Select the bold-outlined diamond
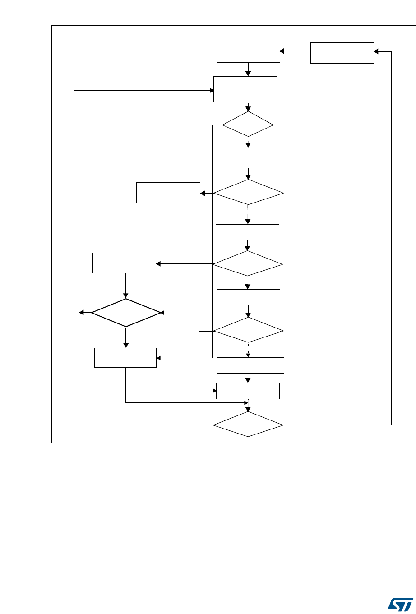(x=126, y=312)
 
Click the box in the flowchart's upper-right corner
(x=342, y=52)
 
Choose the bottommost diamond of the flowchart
(x=248, y=425)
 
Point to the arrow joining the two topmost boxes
(x=295, y=51)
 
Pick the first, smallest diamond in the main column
(x=248, y=124)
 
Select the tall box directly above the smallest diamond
(x=245, y=89)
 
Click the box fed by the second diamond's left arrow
(x=168, y=193)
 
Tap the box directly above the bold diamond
(x=124, y=263)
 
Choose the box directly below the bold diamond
(x=125, y=357)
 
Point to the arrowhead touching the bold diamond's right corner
(x=163, y=312)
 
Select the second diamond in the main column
(x=249, y=194)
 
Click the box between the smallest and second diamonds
(x=248, y=158)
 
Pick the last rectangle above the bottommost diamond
(x=248, y=391)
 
